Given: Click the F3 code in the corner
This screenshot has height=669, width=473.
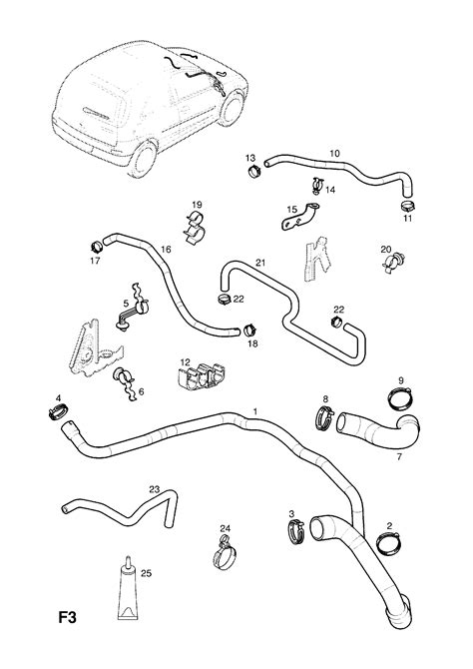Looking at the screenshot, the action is (68, 617).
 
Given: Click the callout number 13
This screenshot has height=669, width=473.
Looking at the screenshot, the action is (249, 159).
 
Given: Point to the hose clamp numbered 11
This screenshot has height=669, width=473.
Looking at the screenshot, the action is (408, 206).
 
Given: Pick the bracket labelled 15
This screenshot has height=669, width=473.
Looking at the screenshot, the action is (300, 217).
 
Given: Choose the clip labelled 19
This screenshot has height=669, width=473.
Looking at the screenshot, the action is (195, 228).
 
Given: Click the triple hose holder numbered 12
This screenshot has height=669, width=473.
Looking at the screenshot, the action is (201, 375).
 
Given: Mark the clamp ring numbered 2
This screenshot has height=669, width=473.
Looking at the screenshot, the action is (388, 543).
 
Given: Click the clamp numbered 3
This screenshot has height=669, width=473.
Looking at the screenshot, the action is (296, 531).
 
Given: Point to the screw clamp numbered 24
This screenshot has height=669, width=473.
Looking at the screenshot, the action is (224, 555).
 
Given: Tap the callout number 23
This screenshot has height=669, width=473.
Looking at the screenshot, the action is (154, 489).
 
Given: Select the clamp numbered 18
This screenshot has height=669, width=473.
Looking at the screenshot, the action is (250, 331).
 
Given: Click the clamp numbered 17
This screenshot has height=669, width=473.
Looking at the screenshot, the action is (97, 247).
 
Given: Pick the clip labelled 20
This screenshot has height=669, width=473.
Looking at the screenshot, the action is (393, 262).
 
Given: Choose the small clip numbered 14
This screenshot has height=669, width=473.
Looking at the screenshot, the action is (316, 185).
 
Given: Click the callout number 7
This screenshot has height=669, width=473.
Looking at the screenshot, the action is (399, 457).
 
